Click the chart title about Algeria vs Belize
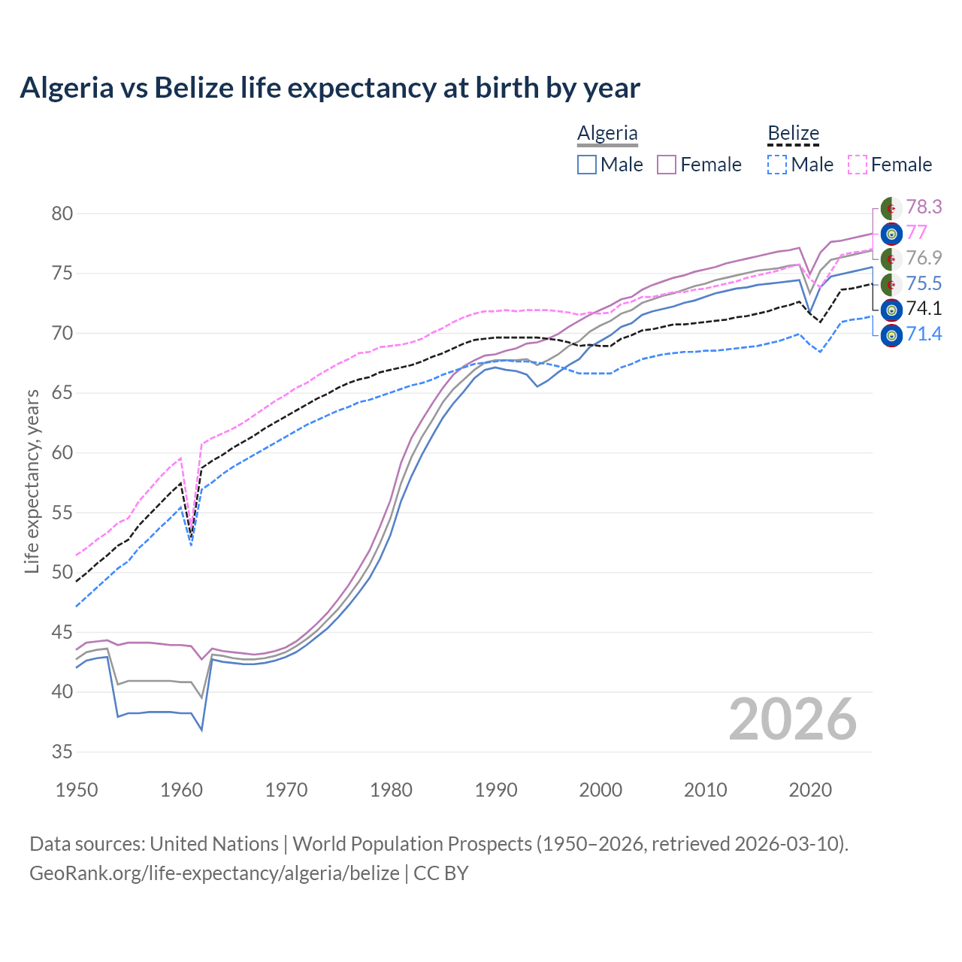point(330,88)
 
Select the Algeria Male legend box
point(587,165)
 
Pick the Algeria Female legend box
point(667,165)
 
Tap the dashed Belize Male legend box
point(777,165)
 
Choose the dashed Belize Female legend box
point(858,165)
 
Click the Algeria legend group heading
point(607,134)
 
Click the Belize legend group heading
point(793,134)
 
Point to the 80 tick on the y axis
point(62,213)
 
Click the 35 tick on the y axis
point(62,752)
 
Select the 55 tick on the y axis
point(62,513)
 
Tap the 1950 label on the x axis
point(77,790)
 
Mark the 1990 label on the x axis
point(496,790)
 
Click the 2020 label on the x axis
point(810,790)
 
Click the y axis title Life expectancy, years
point(32,481)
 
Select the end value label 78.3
point(924,207)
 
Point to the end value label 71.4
point(924,334)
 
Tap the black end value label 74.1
point(924,308)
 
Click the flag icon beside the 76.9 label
point(891,259)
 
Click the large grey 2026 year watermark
point(793,719)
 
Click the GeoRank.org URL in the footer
point(214,873)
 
